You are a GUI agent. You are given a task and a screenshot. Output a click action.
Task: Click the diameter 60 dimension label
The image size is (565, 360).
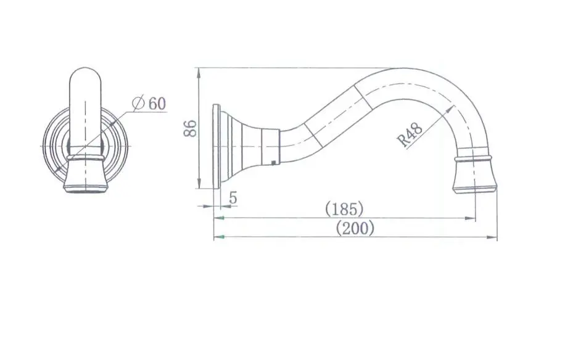click(x=149, y=104)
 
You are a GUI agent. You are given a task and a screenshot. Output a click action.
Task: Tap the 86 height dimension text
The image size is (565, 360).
click(x=190, y=128)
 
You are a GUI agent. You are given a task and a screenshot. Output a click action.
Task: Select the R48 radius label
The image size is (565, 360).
click(x=410, y=134)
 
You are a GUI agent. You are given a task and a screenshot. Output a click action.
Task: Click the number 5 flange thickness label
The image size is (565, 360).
click(x=234, y=198)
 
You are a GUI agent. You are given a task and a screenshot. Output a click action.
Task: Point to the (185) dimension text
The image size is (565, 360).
click(x=344, y=209)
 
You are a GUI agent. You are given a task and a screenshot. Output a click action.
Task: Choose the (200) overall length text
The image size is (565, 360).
click(x=355, y=228)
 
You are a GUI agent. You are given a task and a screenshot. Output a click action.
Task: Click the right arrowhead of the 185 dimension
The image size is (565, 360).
click(x=471, y=218)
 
